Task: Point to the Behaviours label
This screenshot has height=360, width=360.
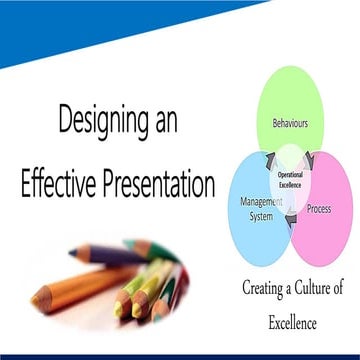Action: pos(290,124)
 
